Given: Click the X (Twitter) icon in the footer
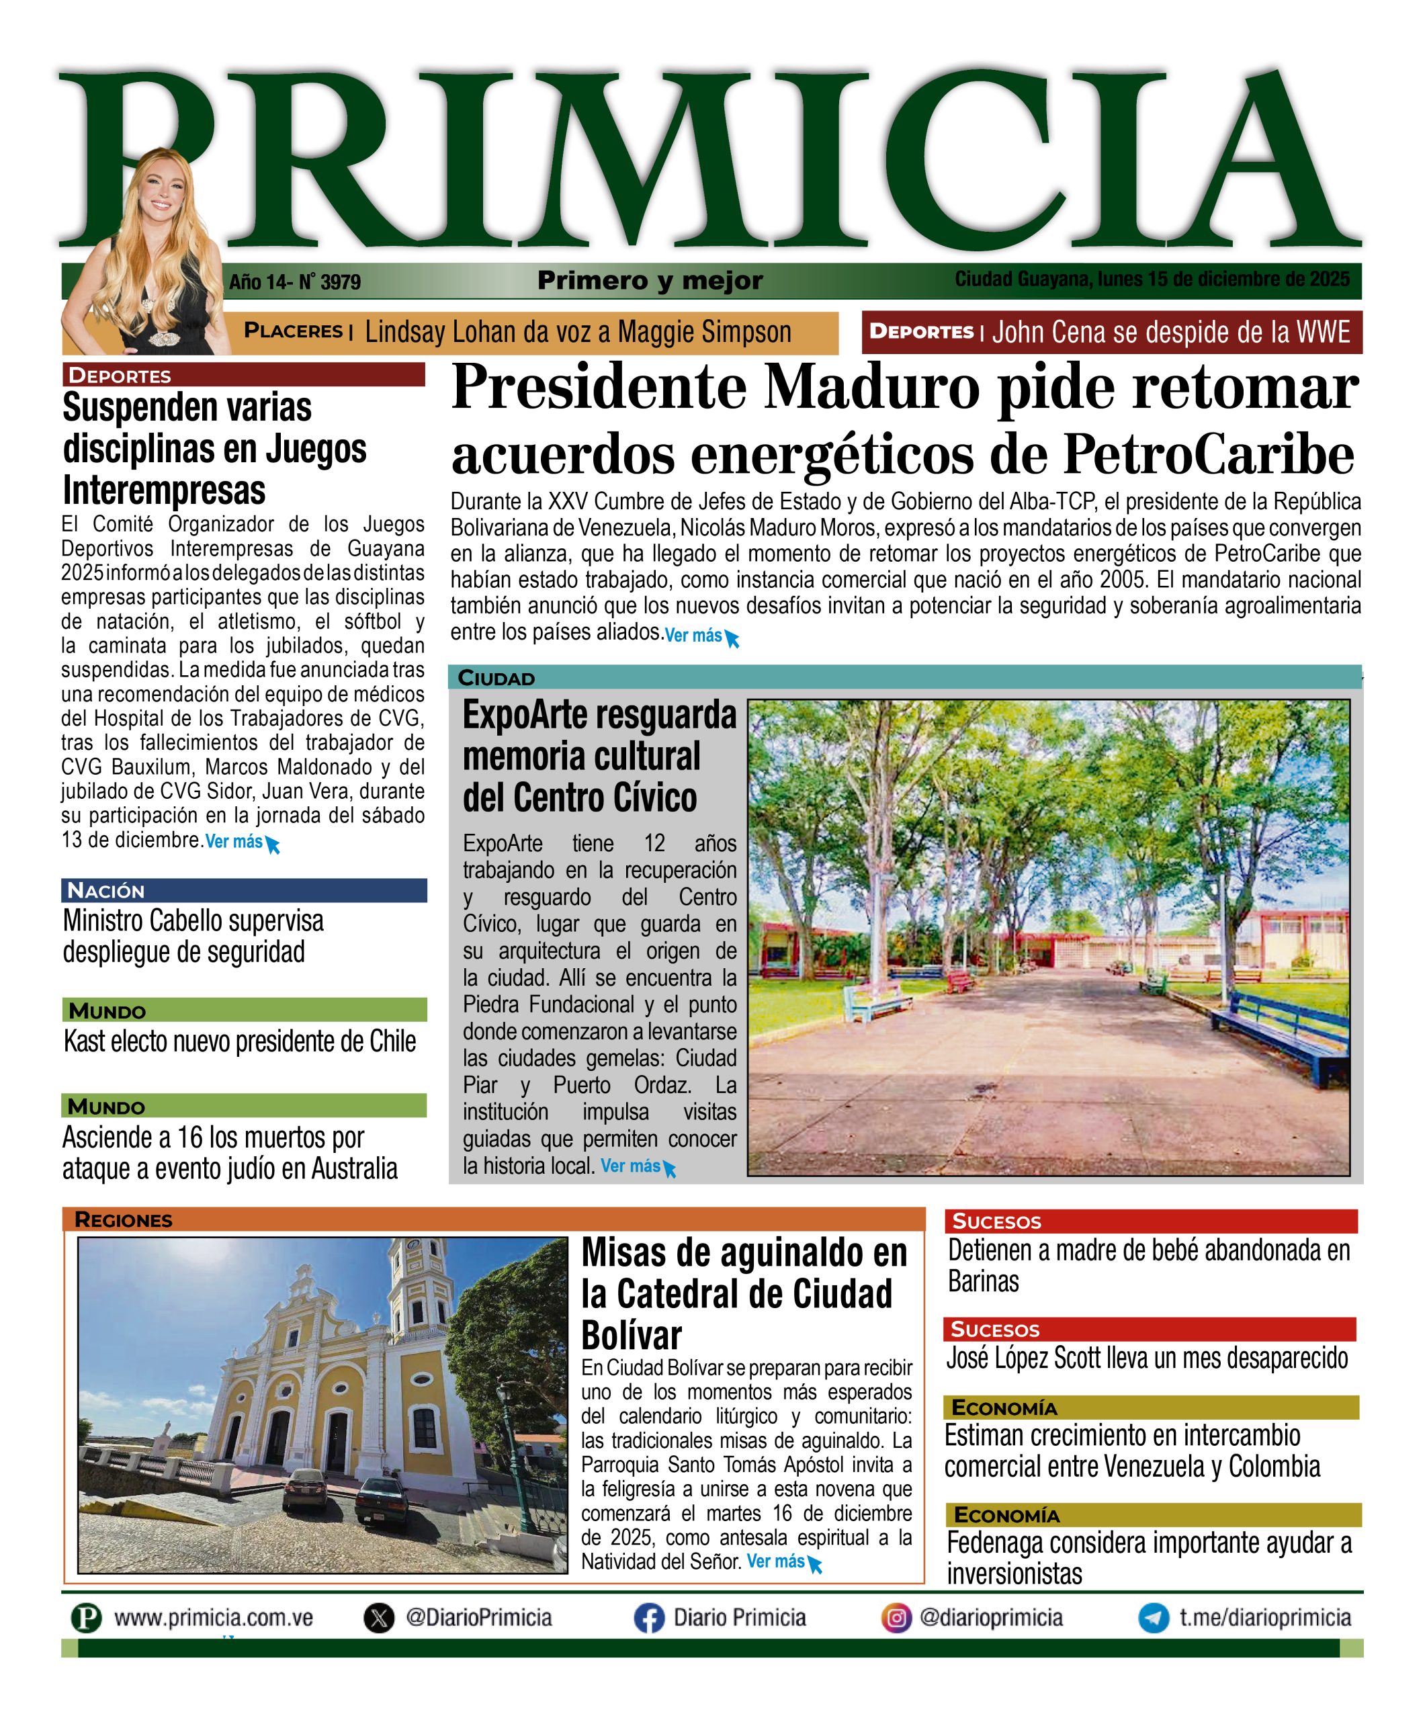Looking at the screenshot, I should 378,1618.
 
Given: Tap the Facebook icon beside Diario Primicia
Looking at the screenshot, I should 648,1618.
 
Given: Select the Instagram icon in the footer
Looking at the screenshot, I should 896,1618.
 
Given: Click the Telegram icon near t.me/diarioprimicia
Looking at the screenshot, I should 1153,1618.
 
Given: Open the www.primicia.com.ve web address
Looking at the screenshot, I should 213,1618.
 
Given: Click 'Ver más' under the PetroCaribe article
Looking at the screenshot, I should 693,636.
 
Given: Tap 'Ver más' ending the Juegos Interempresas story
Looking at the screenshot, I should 234,841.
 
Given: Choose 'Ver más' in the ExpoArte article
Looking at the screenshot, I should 631,1166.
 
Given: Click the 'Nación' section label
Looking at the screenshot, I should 105,890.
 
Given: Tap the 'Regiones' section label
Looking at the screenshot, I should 123,1219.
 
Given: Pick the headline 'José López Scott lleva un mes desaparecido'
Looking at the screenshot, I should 1147,1358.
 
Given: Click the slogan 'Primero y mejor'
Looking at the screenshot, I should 650,281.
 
